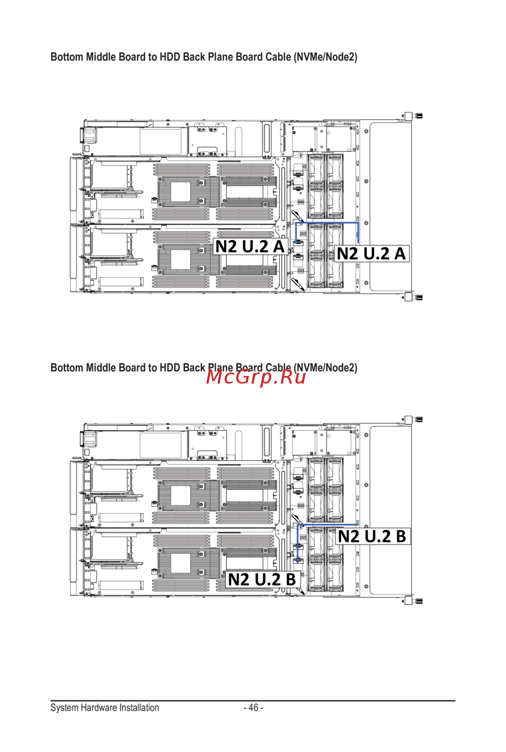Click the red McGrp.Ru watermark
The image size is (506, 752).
click(256, 377)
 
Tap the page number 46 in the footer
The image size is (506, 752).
click(254, 707)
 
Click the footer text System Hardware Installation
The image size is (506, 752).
click(105, 707)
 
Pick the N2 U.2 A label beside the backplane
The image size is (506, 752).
click(371, 254)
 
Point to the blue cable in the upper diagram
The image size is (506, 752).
click(327, 223)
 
